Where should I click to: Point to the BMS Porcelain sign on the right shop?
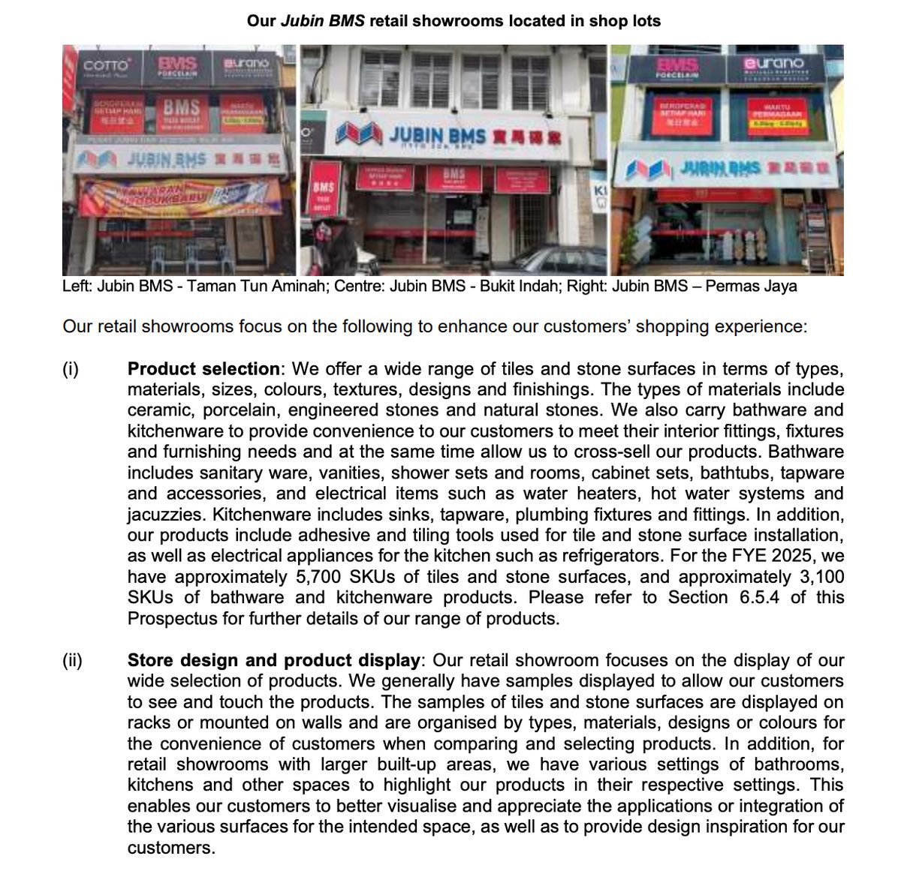pos(677,66)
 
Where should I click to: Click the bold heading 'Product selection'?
pos(203,369)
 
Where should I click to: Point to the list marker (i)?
pos(71,369)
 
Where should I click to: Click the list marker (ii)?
pos(74,660)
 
